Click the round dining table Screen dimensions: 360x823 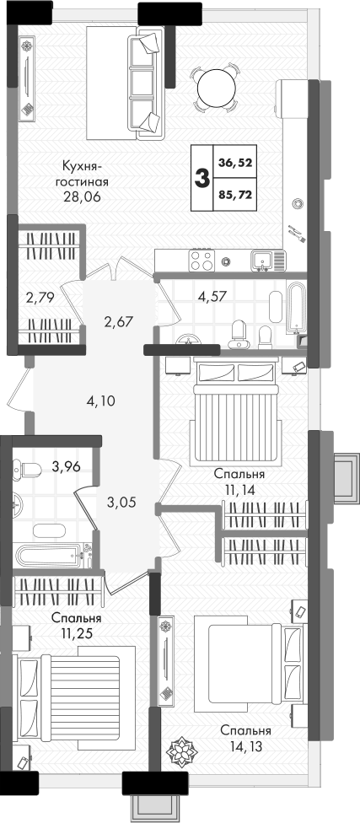point(215,88)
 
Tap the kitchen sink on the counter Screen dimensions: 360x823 point(261,259)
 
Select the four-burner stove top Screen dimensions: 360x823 point(202,260)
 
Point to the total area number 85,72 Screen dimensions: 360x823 point(235,194)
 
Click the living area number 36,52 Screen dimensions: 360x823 point(235,163)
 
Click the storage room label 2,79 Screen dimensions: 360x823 point(40,299)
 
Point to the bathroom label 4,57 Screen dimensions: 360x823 point(212,295)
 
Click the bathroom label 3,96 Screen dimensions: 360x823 point(66,466)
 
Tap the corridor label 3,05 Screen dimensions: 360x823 point(121,503)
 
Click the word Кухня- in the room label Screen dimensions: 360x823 point(81,166)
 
